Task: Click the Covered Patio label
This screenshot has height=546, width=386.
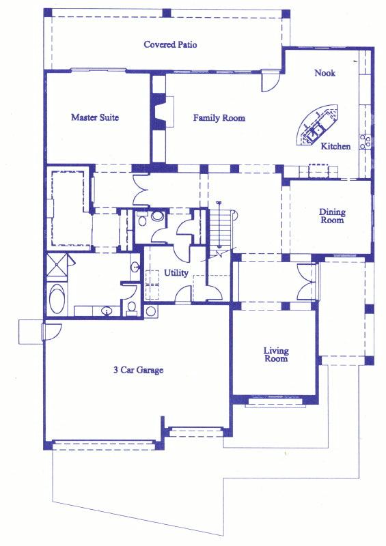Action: click(x=170, y=45)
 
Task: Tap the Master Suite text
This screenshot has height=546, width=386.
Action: click(x=95, y=117)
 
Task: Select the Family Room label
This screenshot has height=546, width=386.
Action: click(x=219, y=118)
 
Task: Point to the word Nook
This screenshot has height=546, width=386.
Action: click(x=325, y=73)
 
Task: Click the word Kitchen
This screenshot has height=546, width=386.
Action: click(x=335, y=146)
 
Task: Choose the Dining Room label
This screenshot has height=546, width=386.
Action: click(x=332, y=216)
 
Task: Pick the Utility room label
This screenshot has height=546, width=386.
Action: click(x=176, y=273)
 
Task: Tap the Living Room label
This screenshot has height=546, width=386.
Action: click(x=276, y=355)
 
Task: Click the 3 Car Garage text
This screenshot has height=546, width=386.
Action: click(x=138, y=371)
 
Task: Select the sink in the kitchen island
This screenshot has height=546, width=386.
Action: click(x=316, y=129)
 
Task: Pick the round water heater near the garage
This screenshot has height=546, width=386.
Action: click(x=151, y=311)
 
